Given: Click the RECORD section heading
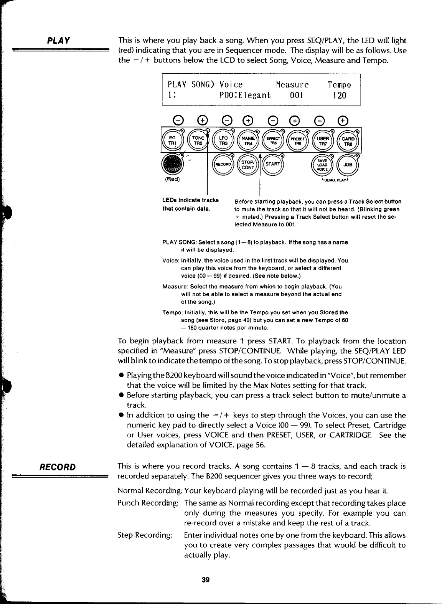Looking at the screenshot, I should (x=58, y=467).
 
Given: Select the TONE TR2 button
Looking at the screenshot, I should (x=198, y=140).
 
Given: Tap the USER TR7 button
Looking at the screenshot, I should (x=323, y=140).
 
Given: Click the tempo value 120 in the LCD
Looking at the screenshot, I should (x=339, y=95).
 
